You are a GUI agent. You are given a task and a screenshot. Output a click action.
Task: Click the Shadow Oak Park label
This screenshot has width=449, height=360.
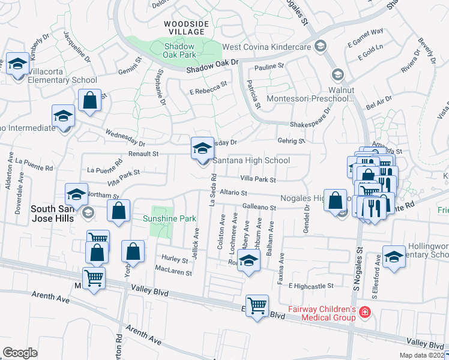[x=179, y=50]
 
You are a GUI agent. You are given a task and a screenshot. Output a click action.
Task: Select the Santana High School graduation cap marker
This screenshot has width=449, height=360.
[x=202, y=148]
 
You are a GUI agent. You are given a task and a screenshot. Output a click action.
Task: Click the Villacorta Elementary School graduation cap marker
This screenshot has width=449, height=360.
[x=16, y=64]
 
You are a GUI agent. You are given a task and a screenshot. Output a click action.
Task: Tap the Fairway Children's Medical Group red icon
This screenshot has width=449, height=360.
[x=364, y=311]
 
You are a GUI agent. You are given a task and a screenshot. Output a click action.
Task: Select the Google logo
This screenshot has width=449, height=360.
[x=20, y=353]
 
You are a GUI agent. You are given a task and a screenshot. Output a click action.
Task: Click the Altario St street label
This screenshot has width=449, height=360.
[x=234, y=193]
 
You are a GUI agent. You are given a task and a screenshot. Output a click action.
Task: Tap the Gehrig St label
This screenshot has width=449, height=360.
[x=291, y=142]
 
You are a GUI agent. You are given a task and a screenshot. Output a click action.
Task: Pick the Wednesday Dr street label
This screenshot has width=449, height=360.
[x=125, y=139]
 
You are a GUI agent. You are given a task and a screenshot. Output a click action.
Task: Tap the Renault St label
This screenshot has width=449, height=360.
[x=143, y=154]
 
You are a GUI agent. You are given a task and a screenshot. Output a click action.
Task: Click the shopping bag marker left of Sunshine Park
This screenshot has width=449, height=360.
[x=119, y=211]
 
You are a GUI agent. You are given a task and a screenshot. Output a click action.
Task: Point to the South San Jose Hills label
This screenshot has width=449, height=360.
[x=52, y=214]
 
